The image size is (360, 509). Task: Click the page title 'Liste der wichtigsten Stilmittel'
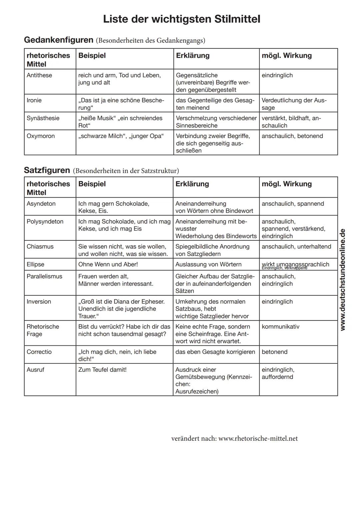[181, 19]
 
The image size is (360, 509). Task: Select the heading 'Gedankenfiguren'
[59, 40]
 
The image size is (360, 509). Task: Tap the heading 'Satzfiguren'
[47, 170]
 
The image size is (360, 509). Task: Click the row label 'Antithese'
[39, 75]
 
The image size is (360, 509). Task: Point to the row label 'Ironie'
[34, 100]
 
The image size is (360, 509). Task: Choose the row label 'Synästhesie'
[43, 118]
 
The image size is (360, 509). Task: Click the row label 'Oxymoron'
[41, 136]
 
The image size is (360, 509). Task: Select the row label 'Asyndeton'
[41, 204]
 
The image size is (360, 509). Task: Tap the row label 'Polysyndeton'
[45, 222]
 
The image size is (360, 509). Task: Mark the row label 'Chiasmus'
[40, 247]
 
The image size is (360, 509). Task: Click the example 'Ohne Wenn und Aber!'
[108, 264]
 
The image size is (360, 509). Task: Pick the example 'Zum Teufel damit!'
[102, 370]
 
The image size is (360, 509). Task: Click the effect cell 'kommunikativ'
[280, 327]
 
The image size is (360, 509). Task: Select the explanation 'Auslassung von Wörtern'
[208, 264]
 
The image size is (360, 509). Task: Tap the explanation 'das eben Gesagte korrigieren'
[215, 352]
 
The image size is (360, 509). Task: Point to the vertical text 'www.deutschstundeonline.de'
[342, 279]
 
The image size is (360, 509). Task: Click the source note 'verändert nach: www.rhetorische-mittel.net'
[234, 438]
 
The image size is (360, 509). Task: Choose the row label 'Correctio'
[39, 352]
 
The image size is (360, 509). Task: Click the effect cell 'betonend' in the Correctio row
[274, 352]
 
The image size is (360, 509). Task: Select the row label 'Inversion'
[39, 302]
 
